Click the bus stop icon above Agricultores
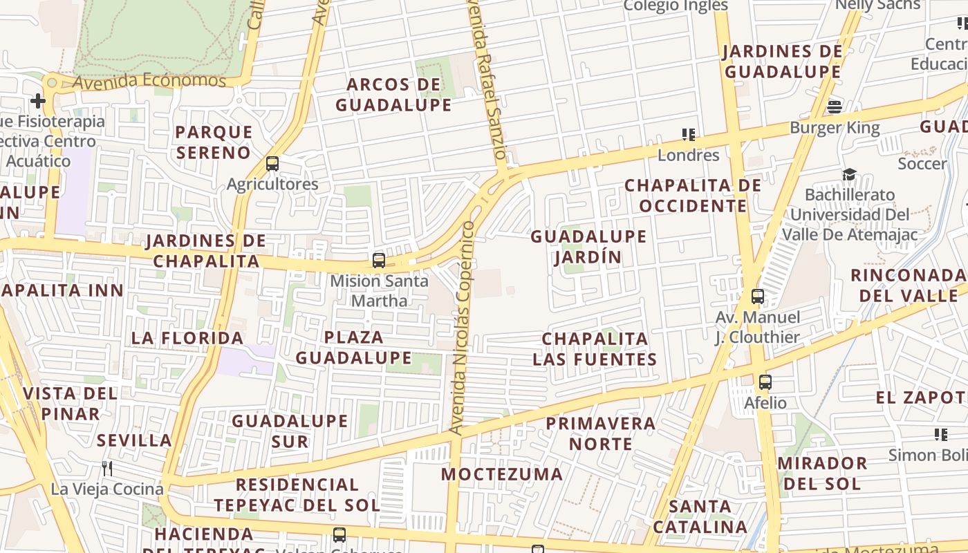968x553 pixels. point(272,164)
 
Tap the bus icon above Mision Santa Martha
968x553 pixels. point(378,261)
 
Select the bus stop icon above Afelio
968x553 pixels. point(765,382)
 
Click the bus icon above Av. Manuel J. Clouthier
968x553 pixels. point(758,297)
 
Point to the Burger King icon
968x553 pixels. point(835,107)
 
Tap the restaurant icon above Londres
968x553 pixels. point(688,134)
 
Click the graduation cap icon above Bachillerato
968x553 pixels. point(849,174)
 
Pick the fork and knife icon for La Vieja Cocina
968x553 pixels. point(107,469)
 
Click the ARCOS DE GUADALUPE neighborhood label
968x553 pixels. point(393,95)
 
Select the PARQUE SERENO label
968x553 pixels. point(213,142)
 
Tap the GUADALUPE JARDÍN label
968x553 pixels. point(588,247)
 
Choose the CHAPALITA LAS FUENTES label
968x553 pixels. point(595,349)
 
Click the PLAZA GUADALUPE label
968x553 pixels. point(354,347)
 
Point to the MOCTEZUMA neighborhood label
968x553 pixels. point(502,474)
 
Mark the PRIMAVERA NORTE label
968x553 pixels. point(601,433)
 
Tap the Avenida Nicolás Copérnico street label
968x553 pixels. point(463,328)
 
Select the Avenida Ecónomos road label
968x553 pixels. point(149,81)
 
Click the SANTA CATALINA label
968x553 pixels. point(700,516)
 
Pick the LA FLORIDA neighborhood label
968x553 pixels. point(187,338)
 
